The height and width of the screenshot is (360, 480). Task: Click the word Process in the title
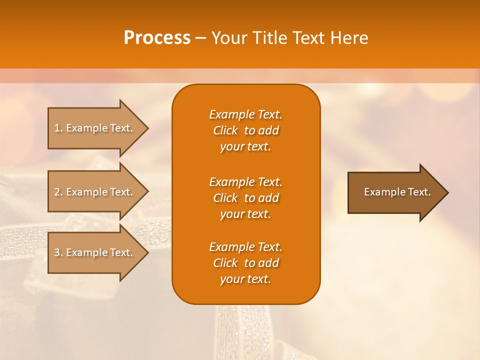157,37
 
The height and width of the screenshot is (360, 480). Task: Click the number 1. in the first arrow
58,128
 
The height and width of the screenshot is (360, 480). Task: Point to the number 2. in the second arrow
58,192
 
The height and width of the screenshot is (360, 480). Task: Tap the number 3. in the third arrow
58,252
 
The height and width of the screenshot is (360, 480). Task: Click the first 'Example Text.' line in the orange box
245,114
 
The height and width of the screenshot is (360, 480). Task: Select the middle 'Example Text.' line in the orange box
245,181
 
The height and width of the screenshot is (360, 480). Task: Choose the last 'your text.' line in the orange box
245,279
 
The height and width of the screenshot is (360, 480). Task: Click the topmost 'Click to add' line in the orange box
245,130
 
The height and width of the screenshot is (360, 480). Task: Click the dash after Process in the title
201,38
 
